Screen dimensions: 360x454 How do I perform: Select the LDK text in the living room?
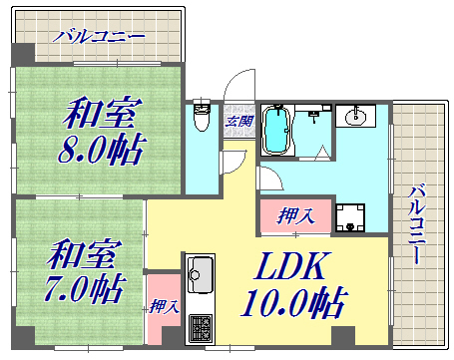[292, 267]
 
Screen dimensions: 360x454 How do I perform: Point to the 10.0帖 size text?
[294, 301]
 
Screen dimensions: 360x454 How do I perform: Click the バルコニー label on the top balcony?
[100, 37]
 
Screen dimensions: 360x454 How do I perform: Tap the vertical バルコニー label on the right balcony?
[419, 223]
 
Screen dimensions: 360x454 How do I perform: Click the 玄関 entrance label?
[238, 122]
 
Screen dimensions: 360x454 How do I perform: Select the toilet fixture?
[201, 119]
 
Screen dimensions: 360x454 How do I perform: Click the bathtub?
[275, 131]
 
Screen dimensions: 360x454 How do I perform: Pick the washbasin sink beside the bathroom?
[355, 118]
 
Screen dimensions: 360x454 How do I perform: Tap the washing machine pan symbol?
[351, 217]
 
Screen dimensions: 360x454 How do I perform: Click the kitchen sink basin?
[200, 271]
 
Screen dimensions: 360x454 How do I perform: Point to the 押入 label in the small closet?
[163, 306]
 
